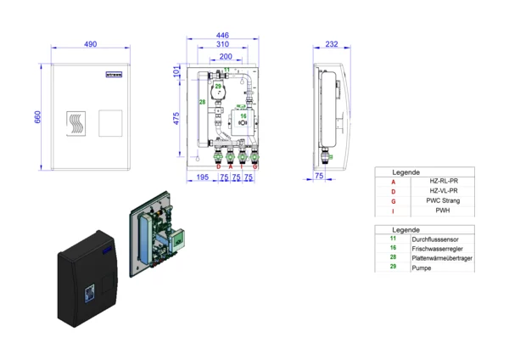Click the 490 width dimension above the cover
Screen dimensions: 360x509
tap(89, 44)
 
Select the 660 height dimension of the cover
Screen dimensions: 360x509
tap(37, 115)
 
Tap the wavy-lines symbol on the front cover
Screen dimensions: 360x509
tap(76, 123)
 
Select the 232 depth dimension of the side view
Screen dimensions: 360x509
tap(331, 44)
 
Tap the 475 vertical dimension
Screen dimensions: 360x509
tap(176, 118)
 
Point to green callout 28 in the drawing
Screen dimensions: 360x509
tap(202, 102)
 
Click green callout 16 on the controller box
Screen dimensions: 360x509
tap(243, 115)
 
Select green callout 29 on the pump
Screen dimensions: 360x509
tap(218, 87)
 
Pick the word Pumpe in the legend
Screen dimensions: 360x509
tap(422, 267)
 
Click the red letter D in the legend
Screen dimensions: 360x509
tap(393, 191)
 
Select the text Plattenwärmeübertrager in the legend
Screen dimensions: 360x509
tap(442, 258)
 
